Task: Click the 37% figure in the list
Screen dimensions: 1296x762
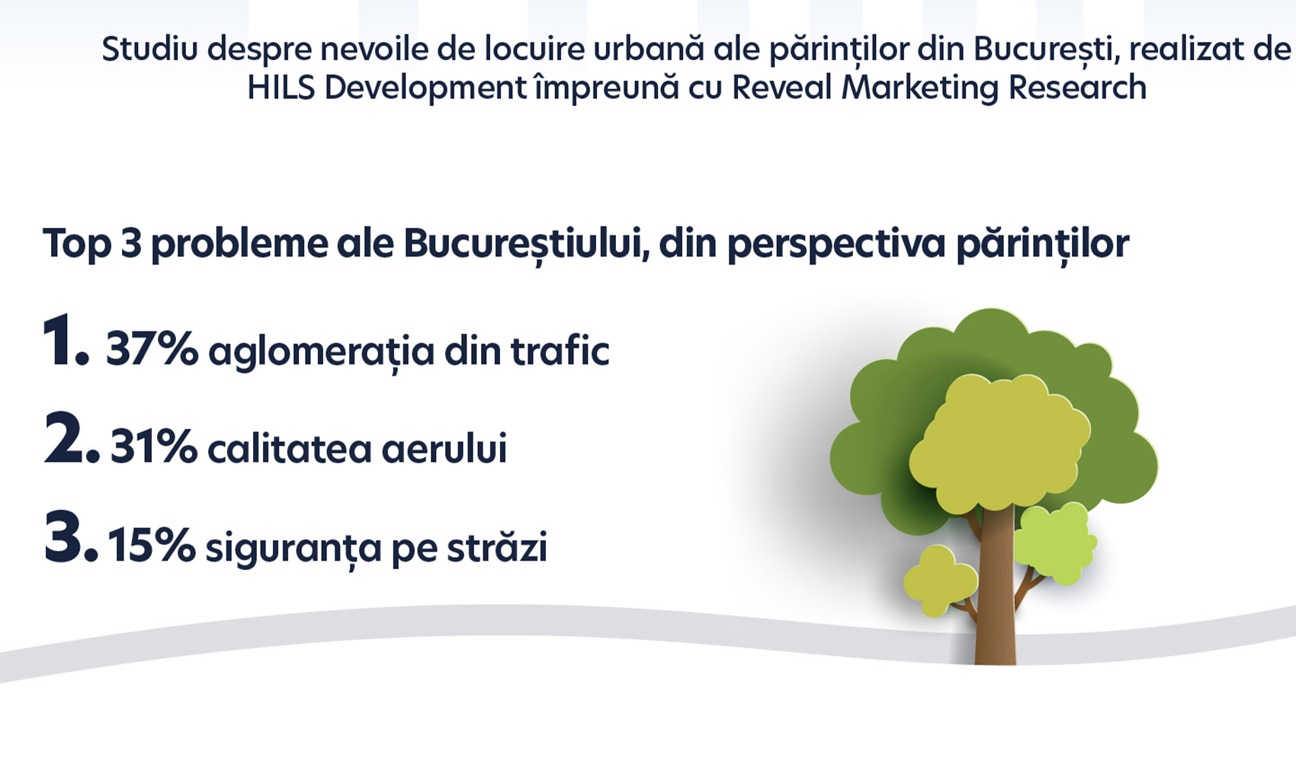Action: click(152, 350)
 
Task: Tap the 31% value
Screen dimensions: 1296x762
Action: click(154, 447)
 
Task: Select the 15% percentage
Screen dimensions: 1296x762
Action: click(152, 545)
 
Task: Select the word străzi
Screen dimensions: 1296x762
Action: click(497, 546)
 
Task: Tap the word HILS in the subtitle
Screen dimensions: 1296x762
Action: click(281, 88)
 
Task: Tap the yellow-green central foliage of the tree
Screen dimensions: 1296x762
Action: click(999, 442)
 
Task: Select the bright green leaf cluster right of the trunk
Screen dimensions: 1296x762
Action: click(1055, 543)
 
